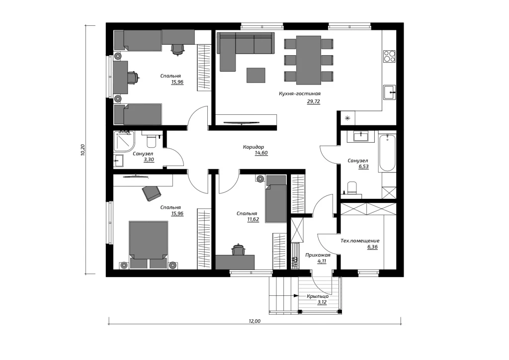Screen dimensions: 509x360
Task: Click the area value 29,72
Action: coord(314,101)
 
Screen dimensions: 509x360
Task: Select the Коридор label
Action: coord(254,147)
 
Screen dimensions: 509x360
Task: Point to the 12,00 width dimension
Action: coord(255,321)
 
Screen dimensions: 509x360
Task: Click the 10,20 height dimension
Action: coord(83,150)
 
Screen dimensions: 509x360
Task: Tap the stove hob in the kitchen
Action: coord(389,56)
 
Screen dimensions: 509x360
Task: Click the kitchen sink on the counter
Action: coord(390,92)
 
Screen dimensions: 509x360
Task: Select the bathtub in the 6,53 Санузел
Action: coord(388,153)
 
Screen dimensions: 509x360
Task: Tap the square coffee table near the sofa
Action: coord(256,75)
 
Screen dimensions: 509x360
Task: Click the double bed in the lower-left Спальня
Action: coord(149,245)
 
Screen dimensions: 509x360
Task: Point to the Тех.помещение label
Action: coord(360,241)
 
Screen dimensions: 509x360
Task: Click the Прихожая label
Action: coord(318,255)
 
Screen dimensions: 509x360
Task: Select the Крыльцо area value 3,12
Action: coord(322,302)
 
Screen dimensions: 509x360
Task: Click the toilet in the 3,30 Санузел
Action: coord(152,140)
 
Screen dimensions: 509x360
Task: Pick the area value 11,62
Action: coord(253,220)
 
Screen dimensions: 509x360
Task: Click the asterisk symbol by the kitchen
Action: coord(347,118)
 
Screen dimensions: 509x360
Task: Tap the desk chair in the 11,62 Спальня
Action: coord(239,250)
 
